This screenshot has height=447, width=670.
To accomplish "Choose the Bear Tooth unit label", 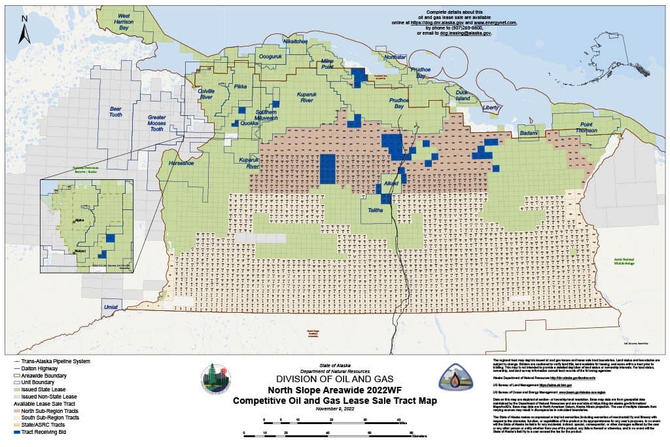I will point(116,111).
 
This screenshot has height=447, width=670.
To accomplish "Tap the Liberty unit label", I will point(490,107).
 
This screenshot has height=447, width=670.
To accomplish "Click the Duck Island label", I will point(463,96).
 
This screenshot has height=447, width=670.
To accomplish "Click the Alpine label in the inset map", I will point(80,221).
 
